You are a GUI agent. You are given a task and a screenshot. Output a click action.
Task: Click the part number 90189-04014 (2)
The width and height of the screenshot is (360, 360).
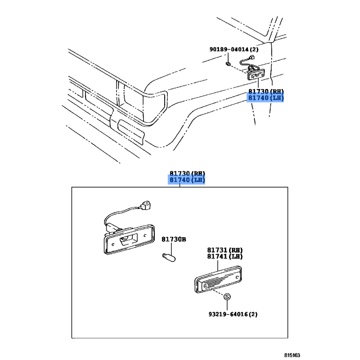[234, 49]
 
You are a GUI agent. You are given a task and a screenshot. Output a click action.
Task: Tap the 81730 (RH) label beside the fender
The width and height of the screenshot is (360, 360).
[266, 91]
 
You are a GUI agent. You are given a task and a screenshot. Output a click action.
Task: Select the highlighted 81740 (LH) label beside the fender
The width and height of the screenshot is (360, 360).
[266, 98]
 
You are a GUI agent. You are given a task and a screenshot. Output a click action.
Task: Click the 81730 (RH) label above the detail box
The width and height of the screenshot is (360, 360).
[187, 173]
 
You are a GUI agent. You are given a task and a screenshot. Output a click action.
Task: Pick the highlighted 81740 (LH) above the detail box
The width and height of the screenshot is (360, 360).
[187, 180]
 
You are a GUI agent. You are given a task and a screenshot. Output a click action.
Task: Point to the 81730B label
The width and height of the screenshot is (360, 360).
[174, 239]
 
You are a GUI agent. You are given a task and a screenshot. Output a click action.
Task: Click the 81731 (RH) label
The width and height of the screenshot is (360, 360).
[225, 250]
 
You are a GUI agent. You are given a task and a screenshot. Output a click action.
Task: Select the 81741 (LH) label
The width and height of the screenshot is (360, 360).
[225, 256]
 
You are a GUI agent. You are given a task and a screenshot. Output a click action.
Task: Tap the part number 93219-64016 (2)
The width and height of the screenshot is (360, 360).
[233, 314]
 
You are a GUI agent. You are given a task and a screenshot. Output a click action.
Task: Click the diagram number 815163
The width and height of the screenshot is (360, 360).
[292, 355]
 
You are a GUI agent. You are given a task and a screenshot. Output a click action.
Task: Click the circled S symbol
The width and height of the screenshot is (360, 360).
[227, 297]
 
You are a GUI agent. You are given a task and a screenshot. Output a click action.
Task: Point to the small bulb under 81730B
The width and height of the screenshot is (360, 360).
[169, 257]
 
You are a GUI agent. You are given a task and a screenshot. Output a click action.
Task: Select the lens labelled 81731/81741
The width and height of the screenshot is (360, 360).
[218, 279]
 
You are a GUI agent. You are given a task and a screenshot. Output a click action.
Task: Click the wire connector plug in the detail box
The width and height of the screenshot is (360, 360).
[146, 206]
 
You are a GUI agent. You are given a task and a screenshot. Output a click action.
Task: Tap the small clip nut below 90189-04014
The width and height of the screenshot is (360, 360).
[228, 64]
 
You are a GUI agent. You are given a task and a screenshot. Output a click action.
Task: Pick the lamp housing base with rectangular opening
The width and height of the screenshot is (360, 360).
[129, 239]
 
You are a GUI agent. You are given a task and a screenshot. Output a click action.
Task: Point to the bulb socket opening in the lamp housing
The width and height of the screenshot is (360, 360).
[129, 239]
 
